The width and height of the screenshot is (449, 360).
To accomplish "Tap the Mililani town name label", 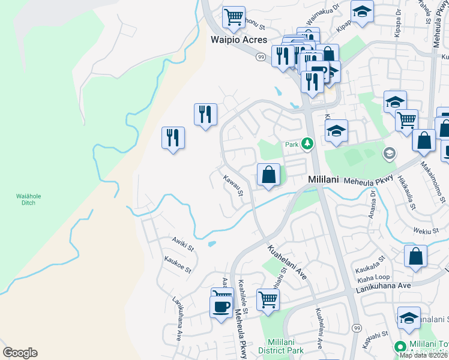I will click(325, 179).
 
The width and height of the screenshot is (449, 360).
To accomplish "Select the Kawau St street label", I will click(233, 185).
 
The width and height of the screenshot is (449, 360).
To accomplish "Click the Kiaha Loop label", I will click(373, 279).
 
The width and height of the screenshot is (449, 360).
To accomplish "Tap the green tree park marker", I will click(307, 143).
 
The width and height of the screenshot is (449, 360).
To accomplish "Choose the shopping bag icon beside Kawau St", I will click(269, 175).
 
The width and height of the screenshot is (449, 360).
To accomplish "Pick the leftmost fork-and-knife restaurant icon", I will click(173, 137).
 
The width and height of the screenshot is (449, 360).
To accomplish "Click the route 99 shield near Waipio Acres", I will click(260, 56).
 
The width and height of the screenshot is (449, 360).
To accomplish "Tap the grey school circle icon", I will click(389, 154).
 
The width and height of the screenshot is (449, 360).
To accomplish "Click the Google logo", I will click(20, 353).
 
